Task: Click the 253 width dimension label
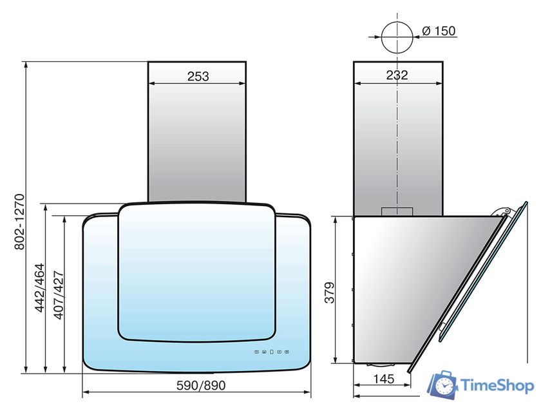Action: point(198,76)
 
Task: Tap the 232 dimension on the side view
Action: point(397,75)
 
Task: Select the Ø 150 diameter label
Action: point(439,31)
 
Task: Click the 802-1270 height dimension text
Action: point(19,222)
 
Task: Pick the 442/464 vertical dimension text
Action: point(40,288)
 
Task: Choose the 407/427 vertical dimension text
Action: point(59,295)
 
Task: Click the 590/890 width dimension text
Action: point(201,385)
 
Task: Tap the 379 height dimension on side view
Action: point(330,292)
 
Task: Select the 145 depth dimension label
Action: point(384,379)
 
